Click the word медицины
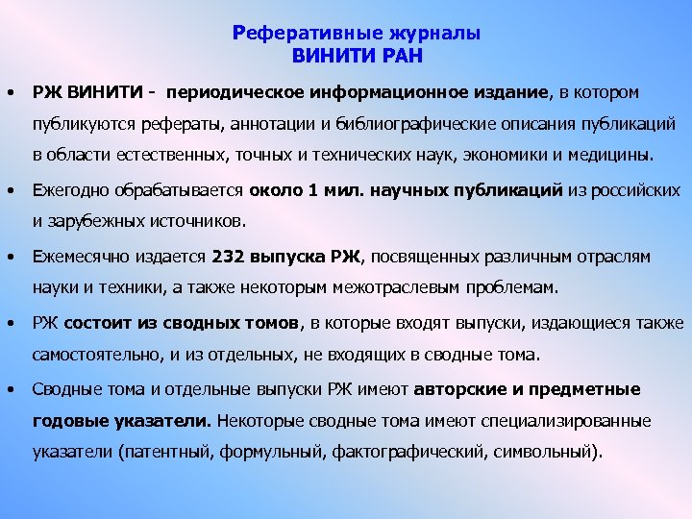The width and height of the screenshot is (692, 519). (x=612, y=154)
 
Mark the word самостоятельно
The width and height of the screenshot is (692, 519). (x=92, y=355)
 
